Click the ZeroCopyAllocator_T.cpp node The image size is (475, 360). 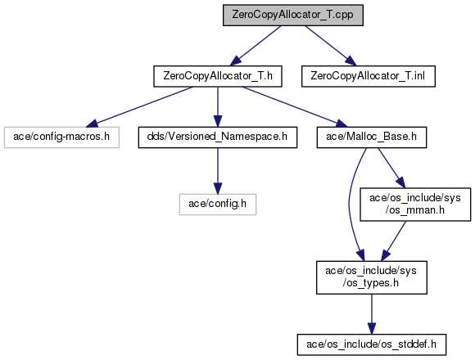point(293,15)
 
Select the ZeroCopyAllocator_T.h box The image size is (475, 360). point(218,76)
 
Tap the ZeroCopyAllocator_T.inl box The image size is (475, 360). point(369,76)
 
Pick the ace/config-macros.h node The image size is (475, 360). point(61,137)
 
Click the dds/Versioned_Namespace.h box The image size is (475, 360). point(218,137)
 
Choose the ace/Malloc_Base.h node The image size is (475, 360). point(372,137)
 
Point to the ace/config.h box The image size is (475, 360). point(218,205)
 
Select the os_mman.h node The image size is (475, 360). point(415,205)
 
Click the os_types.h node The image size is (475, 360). point(372,277)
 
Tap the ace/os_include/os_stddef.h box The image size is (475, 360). point(372,345)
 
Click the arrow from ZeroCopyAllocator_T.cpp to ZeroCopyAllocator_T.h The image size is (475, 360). point(255,46)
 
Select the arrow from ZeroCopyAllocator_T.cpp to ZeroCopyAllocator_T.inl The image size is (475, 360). point(331,46)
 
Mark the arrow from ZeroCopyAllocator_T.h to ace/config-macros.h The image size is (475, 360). point(139,107)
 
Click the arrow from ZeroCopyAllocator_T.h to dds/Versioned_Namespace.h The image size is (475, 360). point(218,107)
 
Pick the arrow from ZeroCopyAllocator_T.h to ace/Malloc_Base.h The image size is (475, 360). point(295,107)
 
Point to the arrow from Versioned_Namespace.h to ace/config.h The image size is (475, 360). point(218,171)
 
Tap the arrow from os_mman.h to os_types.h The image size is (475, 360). point(393,241)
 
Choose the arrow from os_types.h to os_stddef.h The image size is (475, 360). point(372,314)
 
